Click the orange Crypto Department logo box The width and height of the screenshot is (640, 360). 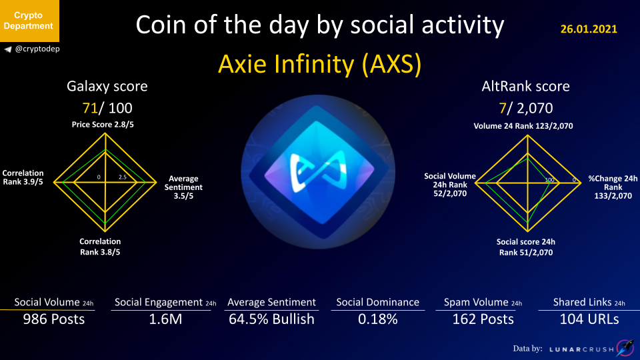click(29, 21)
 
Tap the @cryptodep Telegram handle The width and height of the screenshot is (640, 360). click(37, 49)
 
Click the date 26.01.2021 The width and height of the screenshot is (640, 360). click(589, 29)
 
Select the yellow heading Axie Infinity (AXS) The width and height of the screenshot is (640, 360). click(319, 64)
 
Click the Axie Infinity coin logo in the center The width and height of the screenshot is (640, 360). click(318, 172)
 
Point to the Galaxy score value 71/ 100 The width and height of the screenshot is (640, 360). click(107, 108)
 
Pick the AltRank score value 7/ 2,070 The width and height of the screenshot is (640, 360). click(526, 108)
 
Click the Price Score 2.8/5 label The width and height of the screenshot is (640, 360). click(103, 125)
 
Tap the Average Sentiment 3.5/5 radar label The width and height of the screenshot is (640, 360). click(183, 187)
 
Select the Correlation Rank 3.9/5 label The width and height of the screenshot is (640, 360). click(23, 177)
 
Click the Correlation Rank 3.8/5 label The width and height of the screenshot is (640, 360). click(100, 247)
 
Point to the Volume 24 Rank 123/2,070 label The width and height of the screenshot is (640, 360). click(523, 126)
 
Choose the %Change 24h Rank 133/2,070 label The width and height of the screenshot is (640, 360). click(613, 187)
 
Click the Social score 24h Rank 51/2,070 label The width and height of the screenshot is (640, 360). click(526, 247)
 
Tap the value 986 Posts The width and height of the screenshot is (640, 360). click(54, 319)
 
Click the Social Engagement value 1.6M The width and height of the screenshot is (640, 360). click(165, 319)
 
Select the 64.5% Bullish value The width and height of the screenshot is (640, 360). click(271, 319)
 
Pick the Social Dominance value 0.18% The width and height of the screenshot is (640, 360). click(378, 319)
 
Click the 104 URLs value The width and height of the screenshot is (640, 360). click(589, 319)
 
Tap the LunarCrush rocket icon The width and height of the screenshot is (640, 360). click(625, 348)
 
